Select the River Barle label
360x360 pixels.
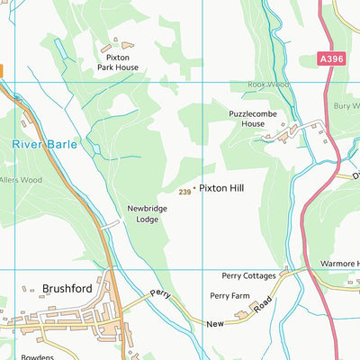coord(45,144)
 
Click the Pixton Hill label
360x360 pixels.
coord(222,190)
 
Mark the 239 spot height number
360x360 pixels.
coord(184,191)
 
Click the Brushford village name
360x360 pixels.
coord(70,289)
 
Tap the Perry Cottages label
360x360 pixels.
coord(247,277)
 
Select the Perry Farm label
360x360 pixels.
coord(229,295)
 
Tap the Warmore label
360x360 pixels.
coord(339,265)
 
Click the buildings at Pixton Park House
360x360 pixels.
coord(117,44)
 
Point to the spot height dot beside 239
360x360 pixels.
coord(194,190)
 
